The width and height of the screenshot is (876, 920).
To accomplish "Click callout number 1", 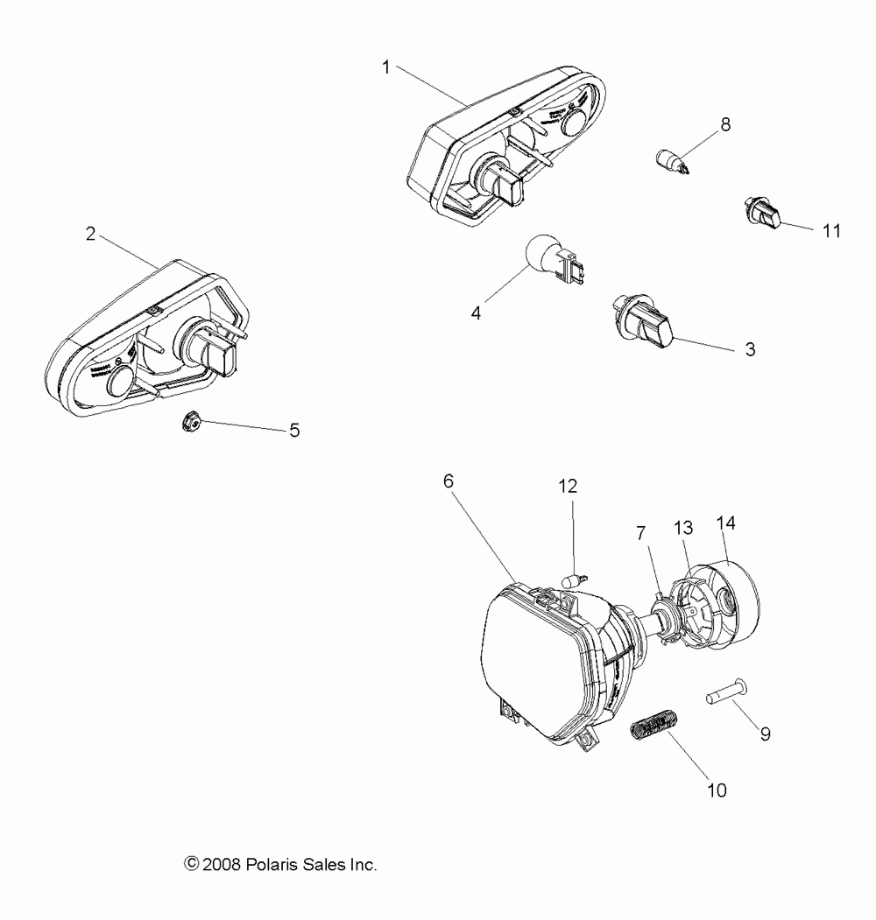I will [386, 67].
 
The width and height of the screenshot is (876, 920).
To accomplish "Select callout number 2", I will [90, 234].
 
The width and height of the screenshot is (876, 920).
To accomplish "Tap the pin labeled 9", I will [724, 692].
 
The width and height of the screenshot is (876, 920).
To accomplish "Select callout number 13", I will [683, 528].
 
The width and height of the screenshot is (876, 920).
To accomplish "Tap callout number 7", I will [641, 532].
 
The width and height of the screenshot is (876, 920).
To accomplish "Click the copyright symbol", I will [192, 865].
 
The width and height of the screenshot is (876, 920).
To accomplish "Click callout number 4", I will [477, 313].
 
